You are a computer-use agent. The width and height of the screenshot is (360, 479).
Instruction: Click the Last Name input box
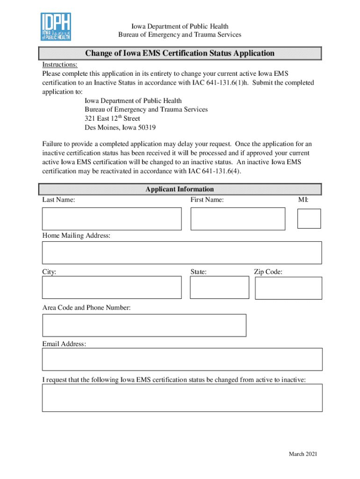coord(112,219)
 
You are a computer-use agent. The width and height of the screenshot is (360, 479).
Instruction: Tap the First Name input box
coord(238,219)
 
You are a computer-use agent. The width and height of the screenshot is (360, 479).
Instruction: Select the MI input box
coord(309,218)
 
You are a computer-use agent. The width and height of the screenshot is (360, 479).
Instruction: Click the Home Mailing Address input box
coord(182,253)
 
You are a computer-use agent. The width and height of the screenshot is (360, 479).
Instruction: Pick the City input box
coord(112,287)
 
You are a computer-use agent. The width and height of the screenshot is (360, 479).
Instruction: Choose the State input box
coord(220,287)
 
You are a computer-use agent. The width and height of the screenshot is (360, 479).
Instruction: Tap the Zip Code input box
coord(288,288)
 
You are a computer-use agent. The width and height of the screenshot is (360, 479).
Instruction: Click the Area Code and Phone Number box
coord(144,325)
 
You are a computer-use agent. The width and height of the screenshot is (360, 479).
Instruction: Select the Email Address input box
coord(182,359)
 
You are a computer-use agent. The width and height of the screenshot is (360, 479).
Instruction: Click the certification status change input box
coord(182,398)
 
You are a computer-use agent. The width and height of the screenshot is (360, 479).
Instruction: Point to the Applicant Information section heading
coord(180,189)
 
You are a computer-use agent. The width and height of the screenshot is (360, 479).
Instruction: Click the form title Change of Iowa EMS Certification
coord(180,53)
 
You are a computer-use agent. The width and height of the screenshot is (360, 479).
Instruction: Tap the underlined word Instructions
coord(60,65)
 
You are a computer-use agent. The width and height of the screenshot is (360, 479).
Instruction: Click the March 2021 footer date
coord(303,454)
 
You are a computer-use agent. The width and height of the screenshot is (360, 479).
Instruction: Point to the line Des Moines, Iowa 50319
coord(120,128)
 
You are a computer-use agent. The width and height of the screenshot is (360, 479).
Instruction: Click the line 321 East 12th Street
coord(112,118)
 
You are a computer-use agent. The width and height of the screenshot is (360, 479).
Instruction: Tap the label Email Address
coord(64,344)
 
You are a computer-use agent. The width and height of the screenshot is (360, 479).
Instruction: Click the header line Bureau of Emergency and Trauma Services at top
coord(180,35)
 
